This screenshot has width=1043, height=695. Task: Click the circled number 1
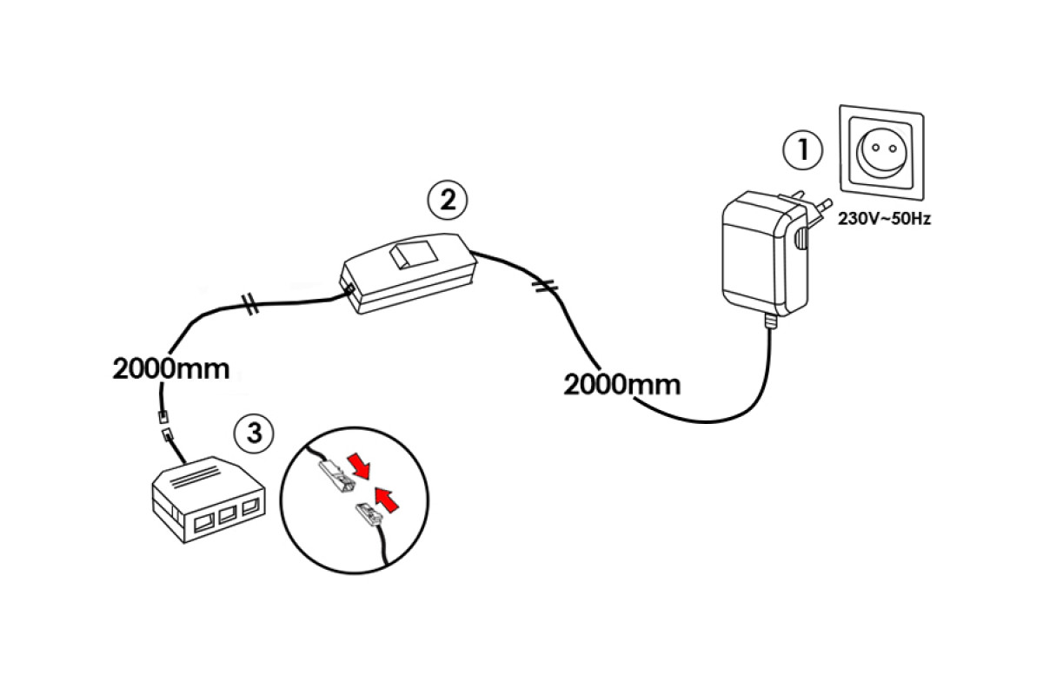coord(802,149)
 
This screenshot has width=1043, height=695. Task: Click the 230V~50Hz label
coord(884,220)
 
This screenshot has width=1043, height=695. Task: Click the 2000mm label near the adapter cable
coord(621,383)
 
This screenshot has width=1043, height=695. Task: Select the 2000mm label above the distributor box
coord(171,367)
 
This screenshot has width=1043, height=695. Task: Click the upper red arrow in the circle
coord(360,466)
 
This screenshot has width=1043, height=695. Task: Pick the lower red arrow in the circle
coord(388,499)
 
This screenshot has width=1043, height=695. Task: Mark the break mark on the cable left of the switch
coord(250,305)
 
